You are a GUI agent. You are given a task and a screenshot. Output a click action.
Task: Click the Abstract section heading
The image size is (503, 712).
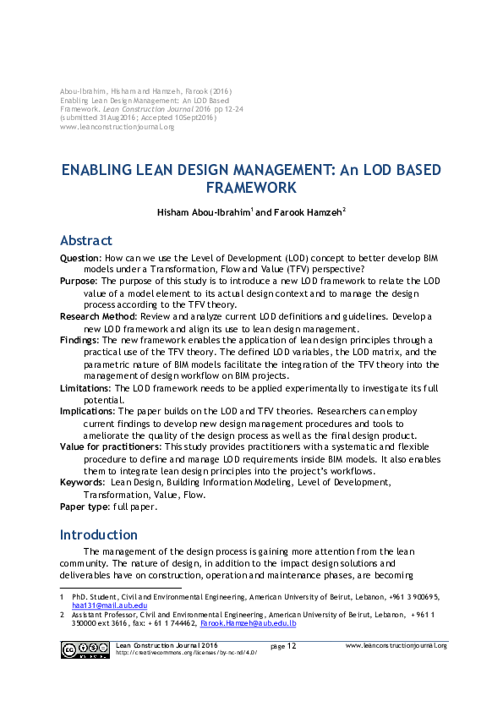(85, 240)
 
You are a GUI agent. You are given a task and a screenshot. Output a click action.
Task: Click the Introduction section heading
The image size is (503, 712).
(98, 534)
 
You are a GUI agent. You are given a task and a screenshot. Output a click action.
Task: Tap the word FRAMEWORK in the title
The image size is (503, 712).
(251, 188)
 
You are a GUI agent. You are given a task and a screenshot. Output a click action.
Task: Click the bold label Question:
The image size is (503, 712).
(80, 256)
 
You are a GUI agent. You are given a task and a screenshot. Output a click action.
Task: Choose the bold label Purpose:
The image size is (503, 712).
(79, 280)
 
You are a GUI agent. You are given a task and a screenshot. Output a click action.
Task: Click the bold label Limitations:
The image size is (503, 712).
(85, 387)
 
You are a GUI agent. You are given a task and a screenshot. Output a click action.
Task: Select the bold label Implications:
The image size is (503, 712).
(88, 411)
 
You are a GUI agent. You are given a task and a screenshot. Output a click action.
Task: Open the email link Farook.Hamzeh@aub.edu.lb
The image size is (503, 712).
(248, 623)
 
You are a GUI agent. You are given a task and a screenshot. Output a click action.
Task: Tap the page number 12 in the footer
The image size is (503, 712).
(291, 646)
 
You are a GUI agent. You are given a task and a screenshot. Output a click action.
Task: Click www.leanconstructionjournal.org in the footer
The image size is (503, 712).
(396, 645)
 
